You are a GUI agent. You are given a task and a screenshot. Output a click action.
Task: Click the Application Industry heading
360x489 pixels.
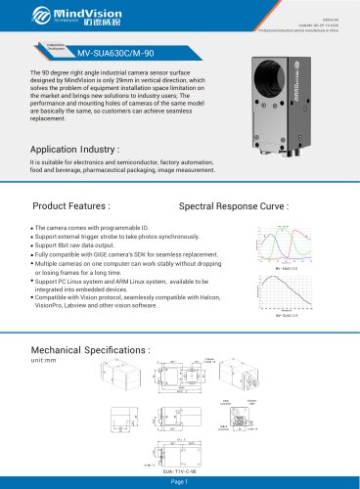coord(83,151)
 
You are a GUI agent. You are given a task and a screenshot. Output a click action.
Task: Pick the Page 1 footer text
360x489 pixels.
coord(180,481)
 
